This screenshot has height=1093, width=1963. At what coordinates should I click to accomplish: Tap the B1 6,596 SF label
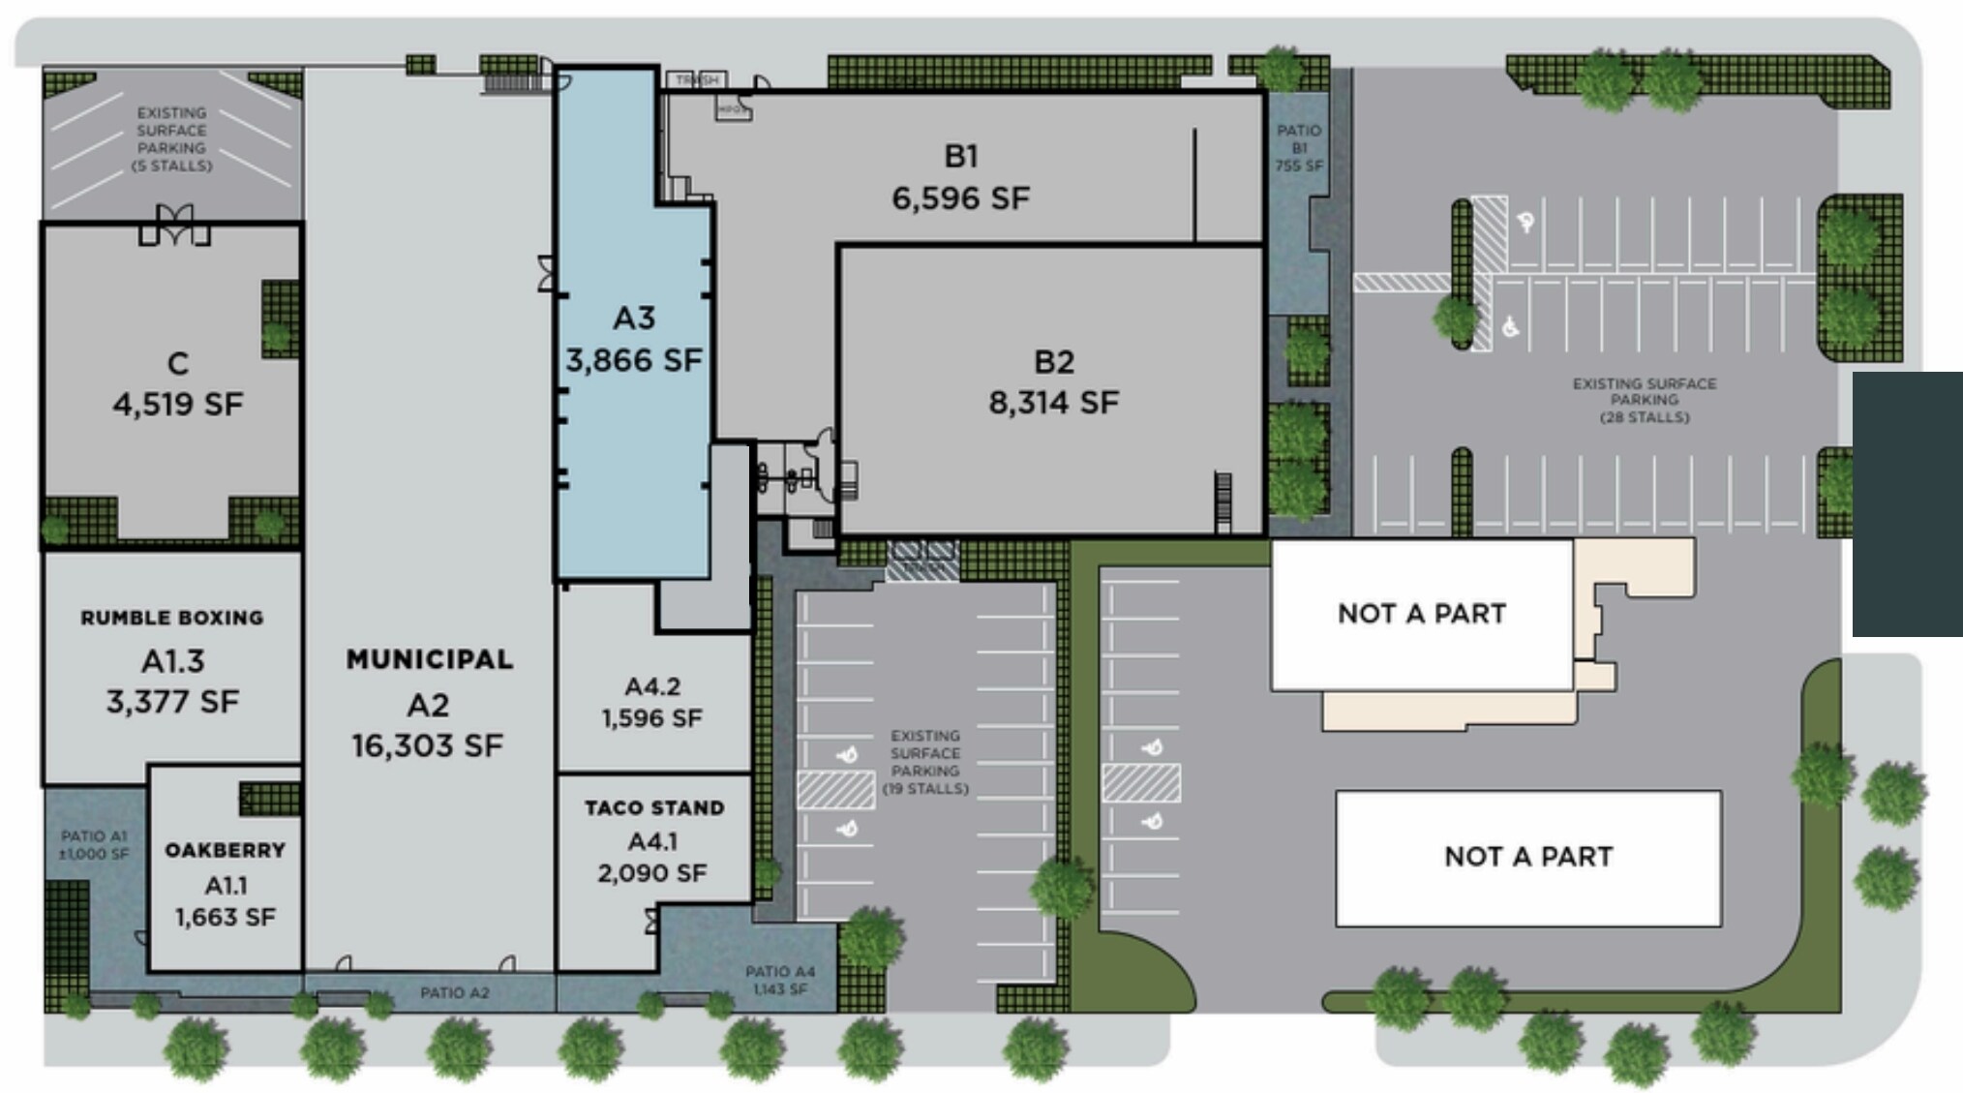click(960, 177)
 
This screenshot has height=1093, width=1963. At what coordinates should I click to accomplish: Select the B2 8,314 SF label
click(1053, 381)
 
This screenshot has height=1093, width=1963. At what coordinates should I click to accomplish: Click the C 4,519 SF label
click(177, 384)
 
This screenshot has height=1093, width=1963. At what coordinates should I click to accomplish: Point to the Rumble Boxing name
click(171, 618)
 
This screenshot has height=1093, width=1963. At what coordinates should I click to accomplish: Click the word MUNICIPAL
click(430, 659)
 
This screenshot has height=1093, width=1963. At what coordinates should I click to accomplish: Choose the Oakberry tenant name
click(225, 850)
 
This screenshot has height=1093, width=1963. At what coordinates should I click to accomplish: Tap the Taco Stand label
click(654, 807)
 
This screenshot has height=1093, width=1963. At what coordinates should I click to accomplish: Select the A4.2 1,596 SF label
click(652, 702)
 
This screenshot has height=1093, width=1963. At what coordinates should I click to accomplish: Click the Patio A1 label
click(94, 844)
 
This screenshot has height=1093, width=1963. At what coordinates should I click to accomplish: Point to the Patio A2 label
click(454, 992)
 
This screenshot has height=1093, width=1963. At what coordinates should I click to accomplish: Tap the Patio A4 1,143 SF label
click(780, 980)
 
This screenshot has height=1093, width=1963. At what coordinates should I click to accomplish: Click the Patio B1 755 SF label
click(1299, 147)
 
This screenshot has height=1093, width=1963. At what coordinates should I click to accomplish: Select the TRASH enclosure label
click(697, 79)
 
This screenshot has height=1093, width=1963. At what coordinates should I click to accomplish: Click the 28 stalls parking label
click(1645, 400)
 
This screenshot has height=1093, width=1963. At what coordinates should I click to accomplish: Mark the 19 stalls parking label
click(925, 762)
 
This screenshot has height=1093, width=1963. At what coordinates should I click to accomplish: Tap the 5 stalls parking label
click(171, 139)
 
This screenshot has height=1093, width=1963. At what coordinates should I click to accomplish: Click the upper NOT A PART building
click(1421, 614)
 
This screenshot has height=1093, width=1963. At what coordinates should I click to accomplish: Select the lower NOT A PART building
click(1527, 857)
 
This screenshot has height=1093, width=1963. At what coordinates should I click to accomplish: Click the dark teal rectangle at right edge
click(1907, 503)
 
